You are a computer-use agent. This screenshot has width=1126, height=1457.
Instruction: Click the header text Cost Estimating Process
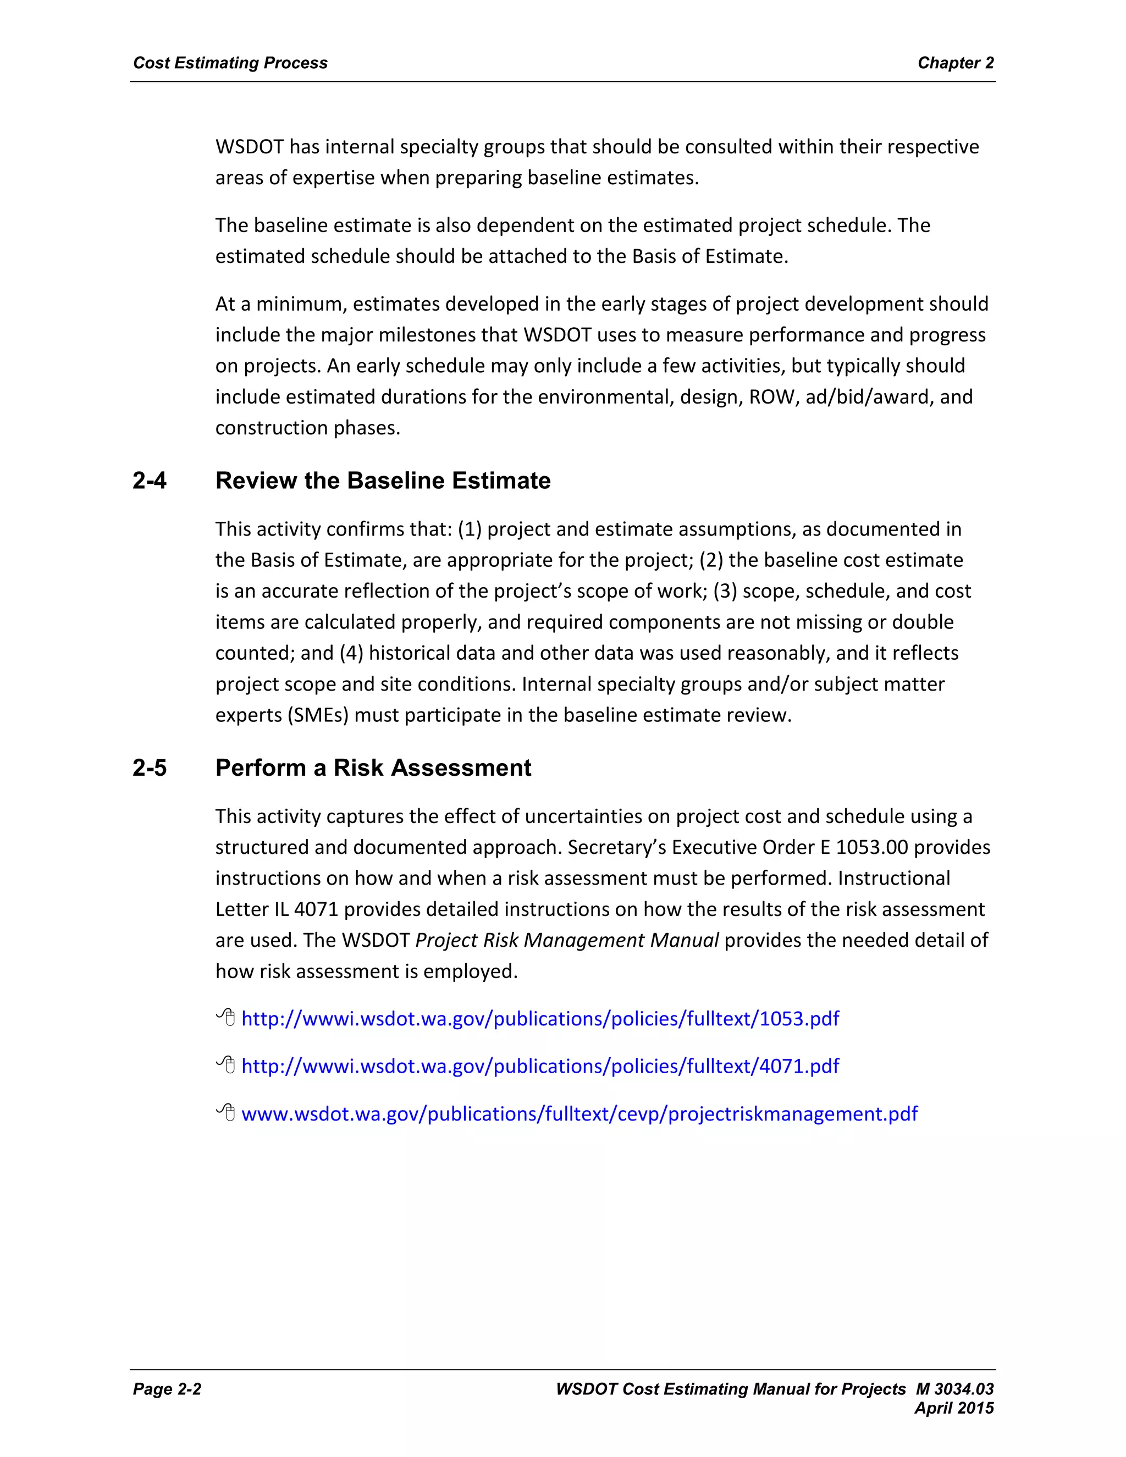tap(230, 63)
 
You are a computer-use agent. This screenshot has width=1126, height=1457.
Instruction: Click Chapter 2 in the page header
tap(955, 63)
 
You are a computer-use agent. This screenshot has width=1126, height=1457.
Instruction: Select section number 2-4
tap(150, 481)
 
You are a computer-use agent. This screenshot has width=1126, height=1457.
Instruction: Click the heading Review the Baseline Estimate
tap(383, 481)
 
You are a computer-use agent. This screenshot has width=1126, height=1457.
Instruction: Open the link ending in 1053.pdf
tap(540, 1019)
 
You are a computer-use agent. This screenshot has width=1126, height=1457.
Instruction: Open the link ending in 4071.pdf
tap(540, 1066)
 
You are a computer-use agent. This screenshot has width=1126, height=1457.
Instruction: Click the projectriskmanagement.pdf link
tap(579, 1113)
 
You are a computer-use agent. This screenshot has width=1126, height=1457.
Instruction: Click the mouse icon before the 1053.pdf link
tap(226, 1017)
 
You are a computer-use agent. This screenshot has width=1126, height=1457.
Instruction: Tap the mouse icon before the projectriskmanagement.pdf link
tap(226, 1112)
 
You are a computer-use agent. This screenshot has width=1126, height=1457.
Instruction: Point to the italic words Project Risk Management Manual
tap(566, 940)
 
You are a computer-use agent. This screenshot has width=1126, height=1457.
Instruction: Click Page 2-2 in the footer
tap(167, 1389)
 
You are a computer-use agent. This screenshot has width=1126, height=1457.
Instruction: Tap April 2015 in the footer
tap(954, 1408)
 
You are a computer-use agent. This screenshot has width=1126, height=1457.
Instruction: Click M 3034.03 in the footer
tap(954, 1389)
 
